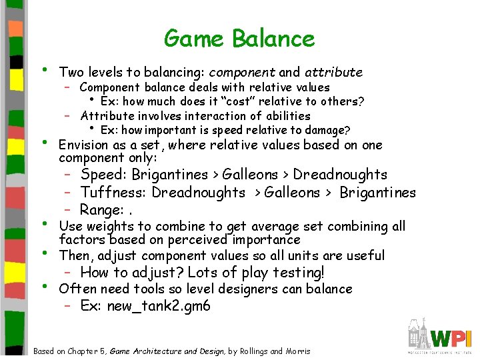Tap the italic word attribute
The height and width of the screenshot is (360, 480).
pos(333,72)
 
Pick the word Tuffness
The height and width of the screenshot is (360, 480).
pos(113,193)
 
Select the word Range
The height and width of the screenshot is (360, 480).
pos(100,211)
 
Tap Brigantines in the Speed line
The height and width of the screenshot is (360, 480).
pos(170,175)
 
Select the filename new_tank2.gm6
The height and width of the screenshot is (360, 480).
pos(159,307)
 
